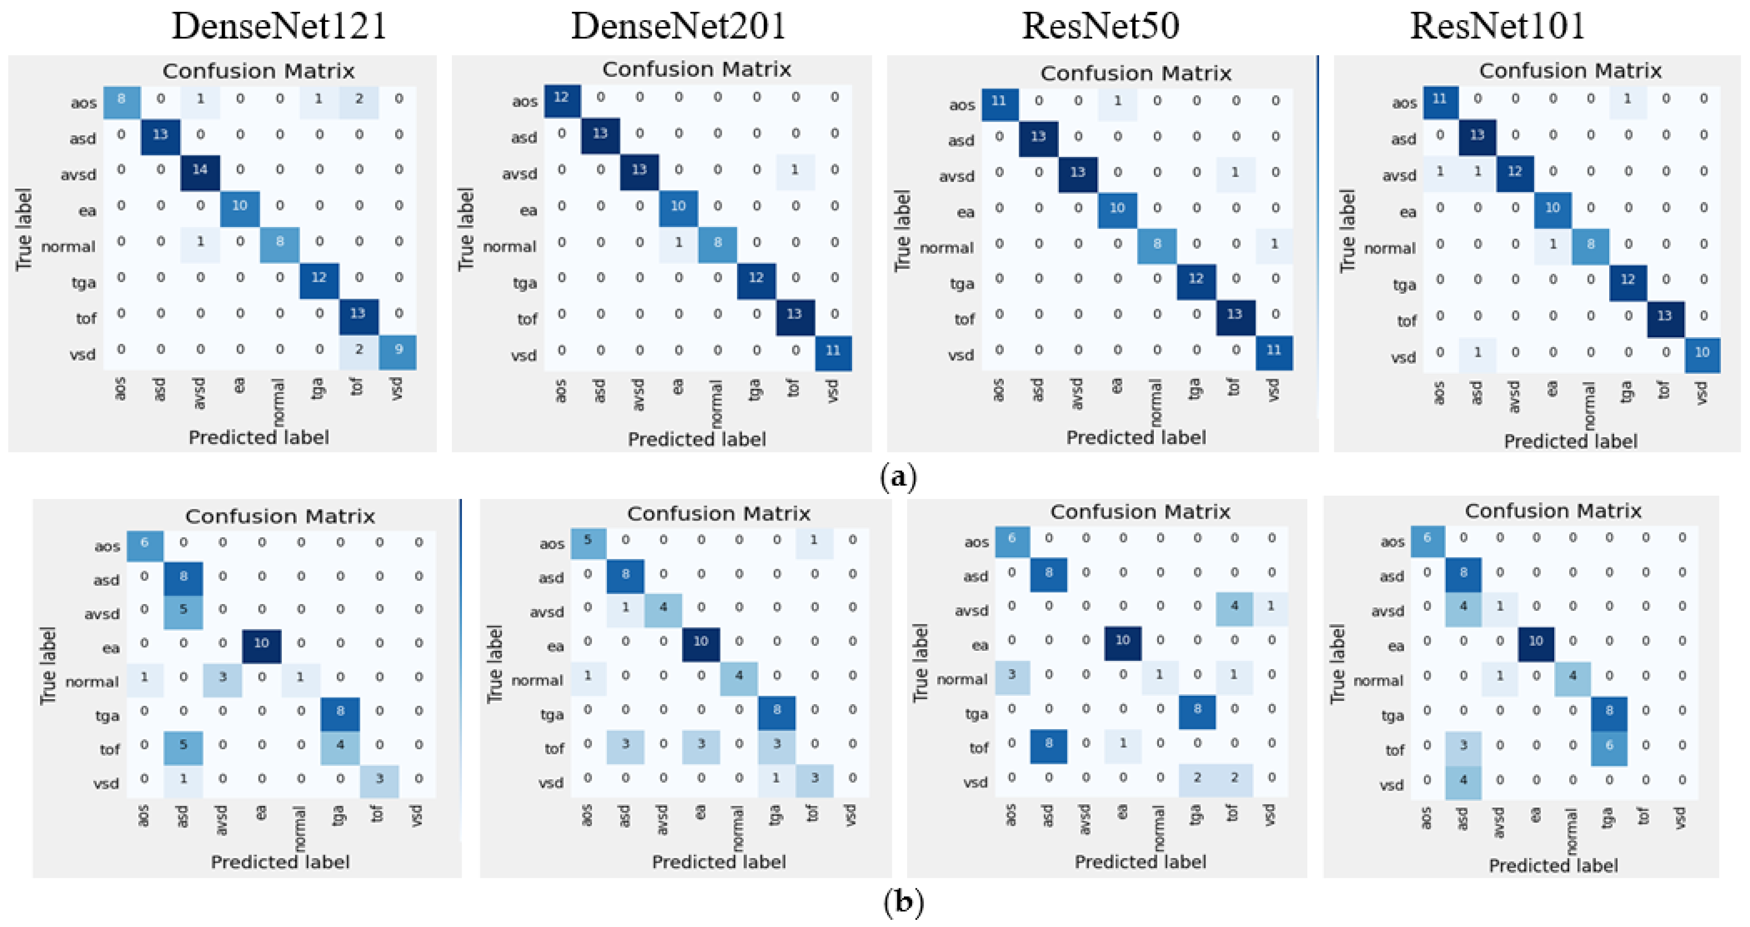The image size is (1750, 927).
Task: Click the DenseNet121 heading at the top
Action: (x=279, y=26)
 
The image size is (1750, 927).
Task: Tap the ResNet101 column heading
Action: (x=1497, y=26)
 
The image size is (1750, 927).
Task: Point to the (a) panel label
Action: (x=897, y=476)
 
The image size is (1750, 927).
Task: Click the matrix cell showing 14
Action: (x=200, y=169)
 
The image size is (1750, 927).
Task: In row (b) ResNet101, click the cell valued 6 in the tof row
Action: (x=1609, y=745)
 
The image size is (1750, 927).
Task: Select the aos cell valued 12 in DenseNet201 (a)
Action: (x=561, y=97)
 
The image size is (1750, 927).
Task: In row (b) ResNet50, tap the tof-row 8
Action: (x=1048, y=743)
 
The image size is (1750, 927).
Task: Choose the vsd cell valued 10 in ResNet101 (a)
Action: (x=1702, y=352)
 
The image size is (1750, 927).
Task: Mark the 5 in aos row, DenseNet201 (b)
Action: (x=588, y=540)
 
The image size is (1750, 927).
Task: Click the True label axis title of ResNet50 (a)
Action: (x=902, y=231)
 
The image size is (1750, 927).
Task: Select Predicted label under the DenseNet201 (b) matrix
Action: (x=719, y=862)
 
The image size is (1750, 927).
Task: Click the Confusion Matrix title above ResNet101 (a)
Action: (x=1570, y=71)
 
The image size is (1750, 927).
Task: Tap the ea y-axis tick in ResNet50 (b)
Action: (x=979, y=645)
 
